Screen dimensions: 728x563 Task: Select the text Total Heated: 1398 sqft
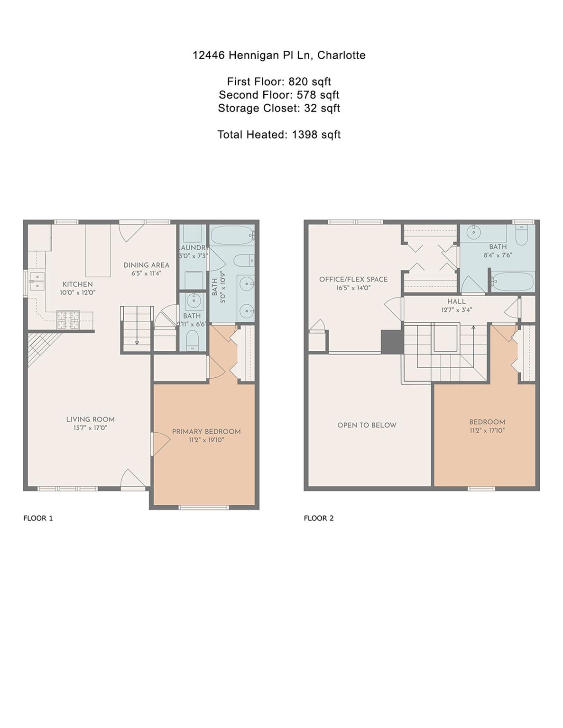[279, 135]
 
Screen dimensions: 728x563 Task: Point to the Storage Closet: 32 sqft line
[279, 108]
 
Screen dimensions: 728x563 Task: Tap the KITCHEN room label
[77, 284]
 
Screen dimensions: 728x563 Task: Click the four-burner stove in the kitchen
[68, 319]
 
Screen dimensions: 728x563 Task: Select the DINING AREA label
[146, 265]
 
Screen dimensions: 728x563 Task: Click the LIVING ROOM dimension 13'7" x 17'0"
[90, 428]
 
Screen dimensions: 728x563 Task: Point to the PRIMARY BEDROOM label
[206, 432]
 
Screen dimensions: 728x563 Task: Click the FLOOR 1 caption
[38, 518]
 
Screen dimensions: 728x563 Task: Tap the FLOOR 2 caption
[319, 518]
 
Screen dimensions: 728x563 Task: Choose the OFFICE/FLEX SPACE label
[353, 279]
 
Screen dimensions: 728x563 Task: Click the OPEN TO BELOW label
[367, 425]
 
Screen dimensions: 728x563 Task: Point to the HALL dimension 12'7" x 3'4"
[456, 310]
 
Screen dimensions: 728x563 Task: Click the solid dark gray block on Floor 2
[392, 341]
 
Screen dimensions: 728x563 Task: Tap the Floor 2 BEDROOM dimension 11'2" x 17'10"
[487, 430]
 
